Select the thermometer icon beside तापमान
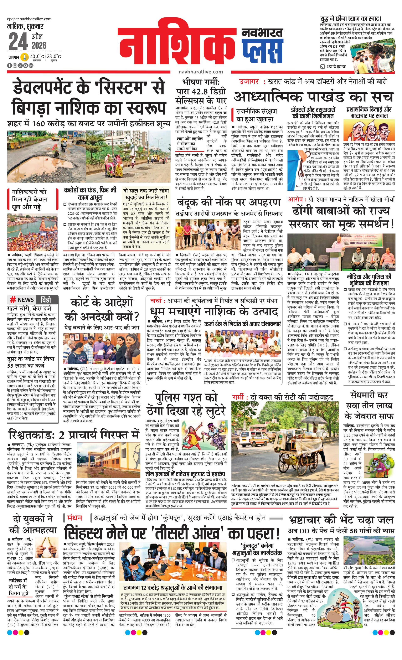pyautogui.click(x=25, y=57)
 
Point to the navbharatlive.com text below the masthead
pyautogui.click(x=201, y=72)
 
